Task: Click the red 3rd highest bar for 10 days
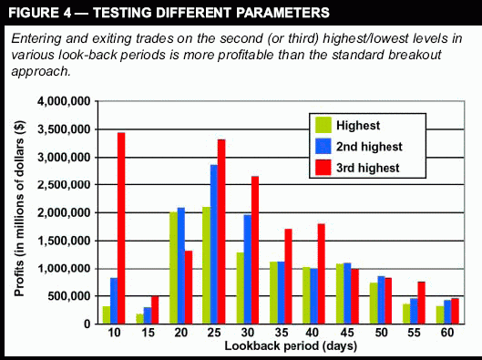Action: tap(121, 228)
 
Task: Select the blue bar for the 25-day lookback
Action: tap(214, 244)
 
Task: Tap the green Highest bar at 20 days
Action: tap(174, 268)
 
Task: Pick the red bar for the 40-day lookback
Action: tap(322, 274)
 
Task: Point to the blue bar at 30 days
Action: tap(248, 269)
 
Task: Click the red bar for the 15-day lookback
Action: tap(155, 310)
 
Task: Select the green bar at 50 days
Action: tap(374, 303)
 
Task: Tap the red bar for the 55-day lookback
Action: tap(422, 303)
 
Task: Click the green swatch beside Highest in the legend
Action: tap(323, 125)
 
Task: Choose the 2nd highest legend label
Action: tap(369, 147)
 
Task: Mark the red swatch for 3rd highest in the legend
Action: tap(323, 168)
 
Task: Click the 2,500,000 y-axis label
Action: tap(64, 185)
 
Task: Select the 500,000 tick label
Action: tap(69, 296)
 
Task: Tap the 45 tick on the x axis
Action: tap(347, 333)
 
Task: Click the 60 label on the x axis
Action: tap(447, 333)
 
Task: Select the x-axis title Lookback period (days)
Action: tap(291, 346)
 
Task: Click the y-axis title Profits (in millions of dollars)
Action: tap(19, 209)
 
